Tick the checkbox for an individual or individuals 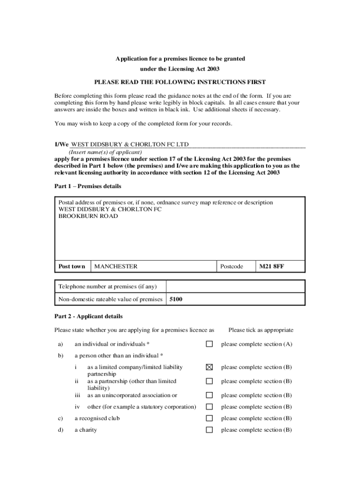point(209,344)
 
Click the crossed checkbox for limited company point(209,368)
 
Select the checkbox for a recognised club point(209,418)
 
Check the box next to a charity point(209,430)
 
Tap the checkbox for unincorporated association point(209,395)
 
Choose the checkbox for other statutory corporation point(209,407)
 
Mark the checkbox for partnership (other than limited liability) point(209,381)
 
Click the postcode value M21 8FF point(272,267)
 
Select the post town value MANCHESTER point(116,267)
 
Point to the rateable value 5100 point(176,299)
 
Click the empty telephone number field point(235,286)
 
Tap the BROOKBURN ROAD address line point(88,216)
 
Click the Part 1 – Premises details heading point(88,186)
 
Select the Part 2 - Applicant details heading point(88,316)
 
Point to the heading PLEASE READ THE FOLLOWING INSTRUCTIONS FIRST point(180,82)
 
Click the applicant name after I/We point(130,145)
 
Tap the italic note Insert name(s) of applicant point(105,152)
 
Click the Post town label point(72,267)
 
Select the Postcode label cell point(231,267)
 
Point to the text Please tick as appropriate point(261,330)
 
